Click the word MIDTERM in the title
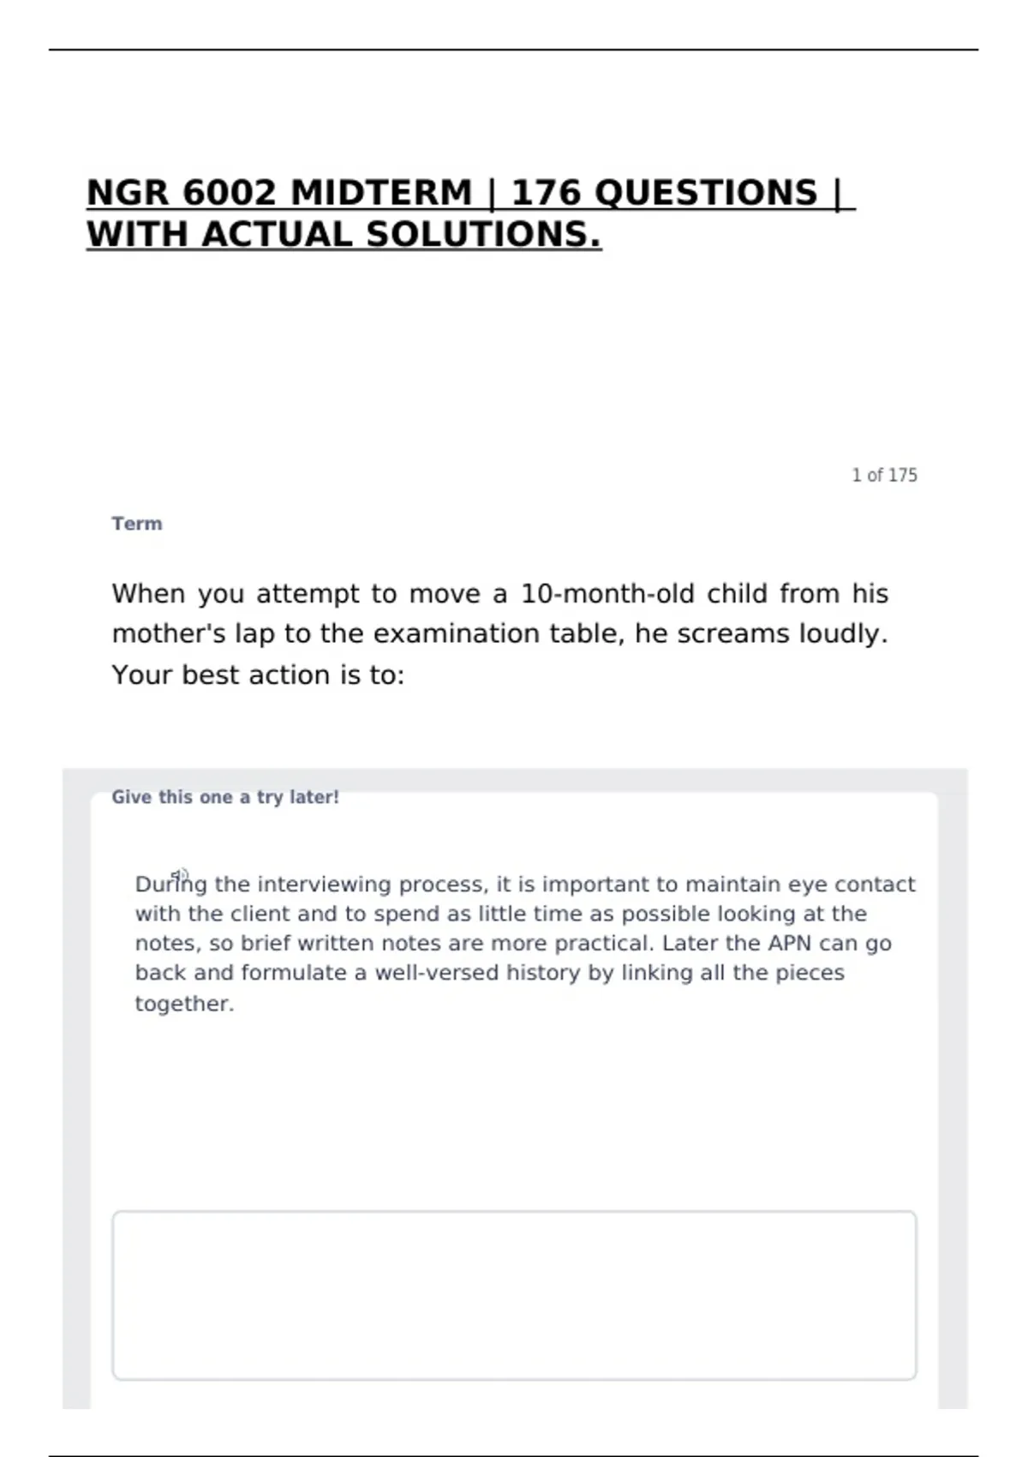tap(381, 193)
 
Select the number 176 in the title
tap(546, 193)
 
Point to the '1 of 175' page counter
tap(884, 476)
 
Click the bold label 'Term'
tap(137, 524)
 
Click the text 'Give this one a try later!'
tap(225, 797)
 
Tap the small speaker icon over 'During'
tap(179, 874)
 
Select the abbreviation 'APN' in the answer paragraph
tap(789, 944)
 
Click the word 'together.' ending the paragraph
tap(184, 1004)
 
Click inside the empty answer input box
tap(514, 1295)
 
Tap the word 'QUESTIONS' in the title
tap(706, 193)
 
